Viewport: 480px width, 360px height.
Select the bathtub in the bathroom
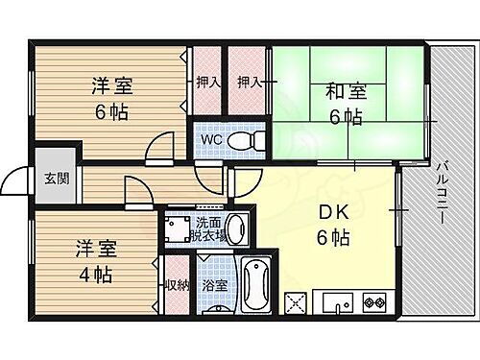tap(253, 285)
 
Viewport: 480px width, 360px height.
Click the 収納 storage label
tap(177, 285)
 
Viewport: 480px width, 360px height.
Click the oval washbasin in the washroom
tap(241, 229)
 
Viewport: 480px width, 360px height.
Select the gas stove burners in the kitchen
tap(372, 304)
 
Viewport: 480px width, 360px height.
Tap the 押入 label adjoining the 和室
tap(251, 83)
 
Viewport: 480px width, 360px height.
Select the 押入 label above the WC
tap(208, 83)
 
